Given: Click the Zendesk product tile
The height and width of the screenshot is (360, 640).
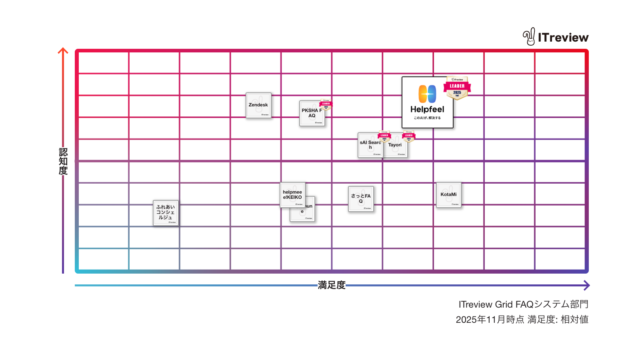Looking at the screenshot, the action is [x=258, y=106].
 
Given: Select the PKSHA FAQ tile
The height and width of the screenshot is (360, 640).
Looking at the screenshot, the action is [x=312, y=114].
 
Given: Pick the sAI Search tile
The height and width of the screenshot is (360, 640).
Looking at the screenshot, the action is [x=370, y=145].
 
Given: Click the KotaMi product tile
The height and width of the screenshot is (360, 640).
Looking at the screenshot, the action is [x=448, y=195].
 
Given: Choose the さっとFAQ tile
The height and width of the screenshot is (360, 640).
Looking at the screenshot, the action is [x=361, y=199].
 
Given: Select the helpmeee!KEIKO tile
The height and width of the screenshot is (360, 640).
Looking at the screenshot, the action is [x=292, y=195].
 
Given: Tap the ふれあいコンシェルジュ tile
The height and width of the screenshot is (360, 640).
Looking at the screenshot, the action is [x=166, y=213].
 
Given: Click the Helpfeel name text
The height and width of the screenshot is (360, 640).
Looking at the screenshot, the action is [x=427, y=109].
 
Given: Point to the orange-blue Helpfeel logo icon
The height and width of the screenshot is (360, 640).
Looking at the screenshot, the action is [x=427, y=94].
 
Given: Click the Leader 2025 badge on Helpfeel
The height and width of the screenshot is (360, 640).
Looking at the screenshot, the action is [x=457, y=88].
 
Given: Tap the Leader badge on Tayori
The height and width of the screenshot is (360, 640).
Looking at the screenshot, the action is [x=409, y=136].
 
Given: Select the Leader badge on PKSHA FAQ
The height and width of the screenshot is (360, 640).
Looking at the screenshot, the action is [x=326, y=105].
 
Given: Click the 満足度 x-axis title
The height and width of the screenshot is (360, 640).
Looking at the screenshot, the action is [x=332, y=285].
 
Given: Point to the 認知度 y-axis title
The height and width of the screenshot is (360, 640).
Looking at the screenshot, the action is [x=63, y=161].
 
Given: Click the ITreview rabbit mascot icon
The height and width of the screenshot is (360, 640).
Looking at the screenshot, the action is [x=529, y=37].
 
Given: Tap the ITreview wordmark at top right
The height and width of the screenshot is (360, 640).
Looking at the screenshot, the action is [x=563, y=38].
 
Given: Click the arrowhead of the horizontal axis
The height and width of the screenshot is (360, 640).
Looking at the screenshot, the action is [x=586, y=285].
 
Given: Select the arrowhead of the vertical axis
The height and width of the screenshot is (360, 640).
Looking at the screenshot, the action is [x=63, y=51].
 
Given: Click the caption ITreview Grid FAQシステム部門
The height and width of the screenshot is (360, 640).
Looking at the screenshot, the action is [x=523, y=304].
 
